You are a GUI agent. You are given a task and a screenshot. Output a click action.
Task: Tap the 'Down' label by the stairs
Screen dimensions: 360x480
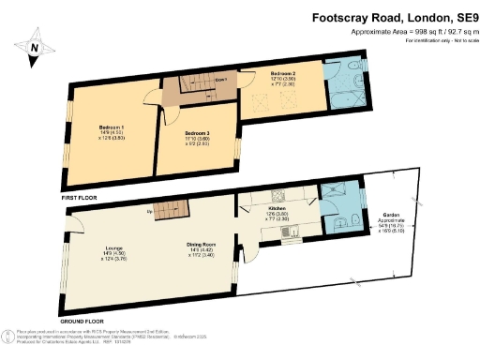click(x=220, y=81)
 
